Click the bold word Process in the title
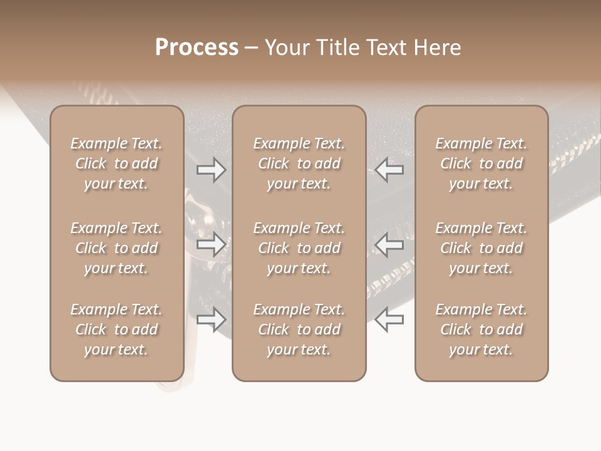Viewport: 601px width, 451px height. coord(197,48)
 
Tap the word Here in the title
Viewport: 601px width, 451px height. coord(438,48)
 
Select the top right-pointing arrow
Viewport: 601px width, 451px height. coord(212,170)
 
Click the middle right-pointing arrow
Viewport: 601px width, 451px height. coord(212,244)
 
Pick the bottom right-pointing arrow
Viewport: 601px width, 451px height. coord(212,319)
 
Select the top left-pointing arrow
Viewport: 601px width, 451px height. coord(389,170)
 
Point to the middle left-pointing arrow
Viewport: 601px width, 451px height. coord(389,244)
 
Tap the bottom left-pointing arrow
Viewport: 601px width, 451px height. coord(389,319)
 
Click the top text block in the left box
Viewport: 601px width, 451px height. coord(116,163)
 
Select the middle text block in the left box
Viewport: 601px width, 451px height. coord(116,248)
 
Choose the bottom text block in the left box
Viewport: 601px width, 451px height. coord(116,329)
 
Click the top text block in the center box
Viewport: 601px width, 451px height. coord(299,163)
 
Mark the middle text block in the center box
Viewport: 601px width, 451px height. coord(299,248)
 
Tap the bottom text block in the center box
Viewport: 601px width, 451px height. coord(299,329)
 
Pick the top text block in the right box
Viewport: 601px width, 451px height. coord(481,163)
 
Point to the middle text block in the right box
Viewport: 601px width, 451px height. coord(481,248)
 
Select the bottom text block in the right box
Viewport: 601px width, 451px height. coord(481,329)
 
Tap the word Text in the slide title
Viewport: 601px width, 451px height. coord(386,48)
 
